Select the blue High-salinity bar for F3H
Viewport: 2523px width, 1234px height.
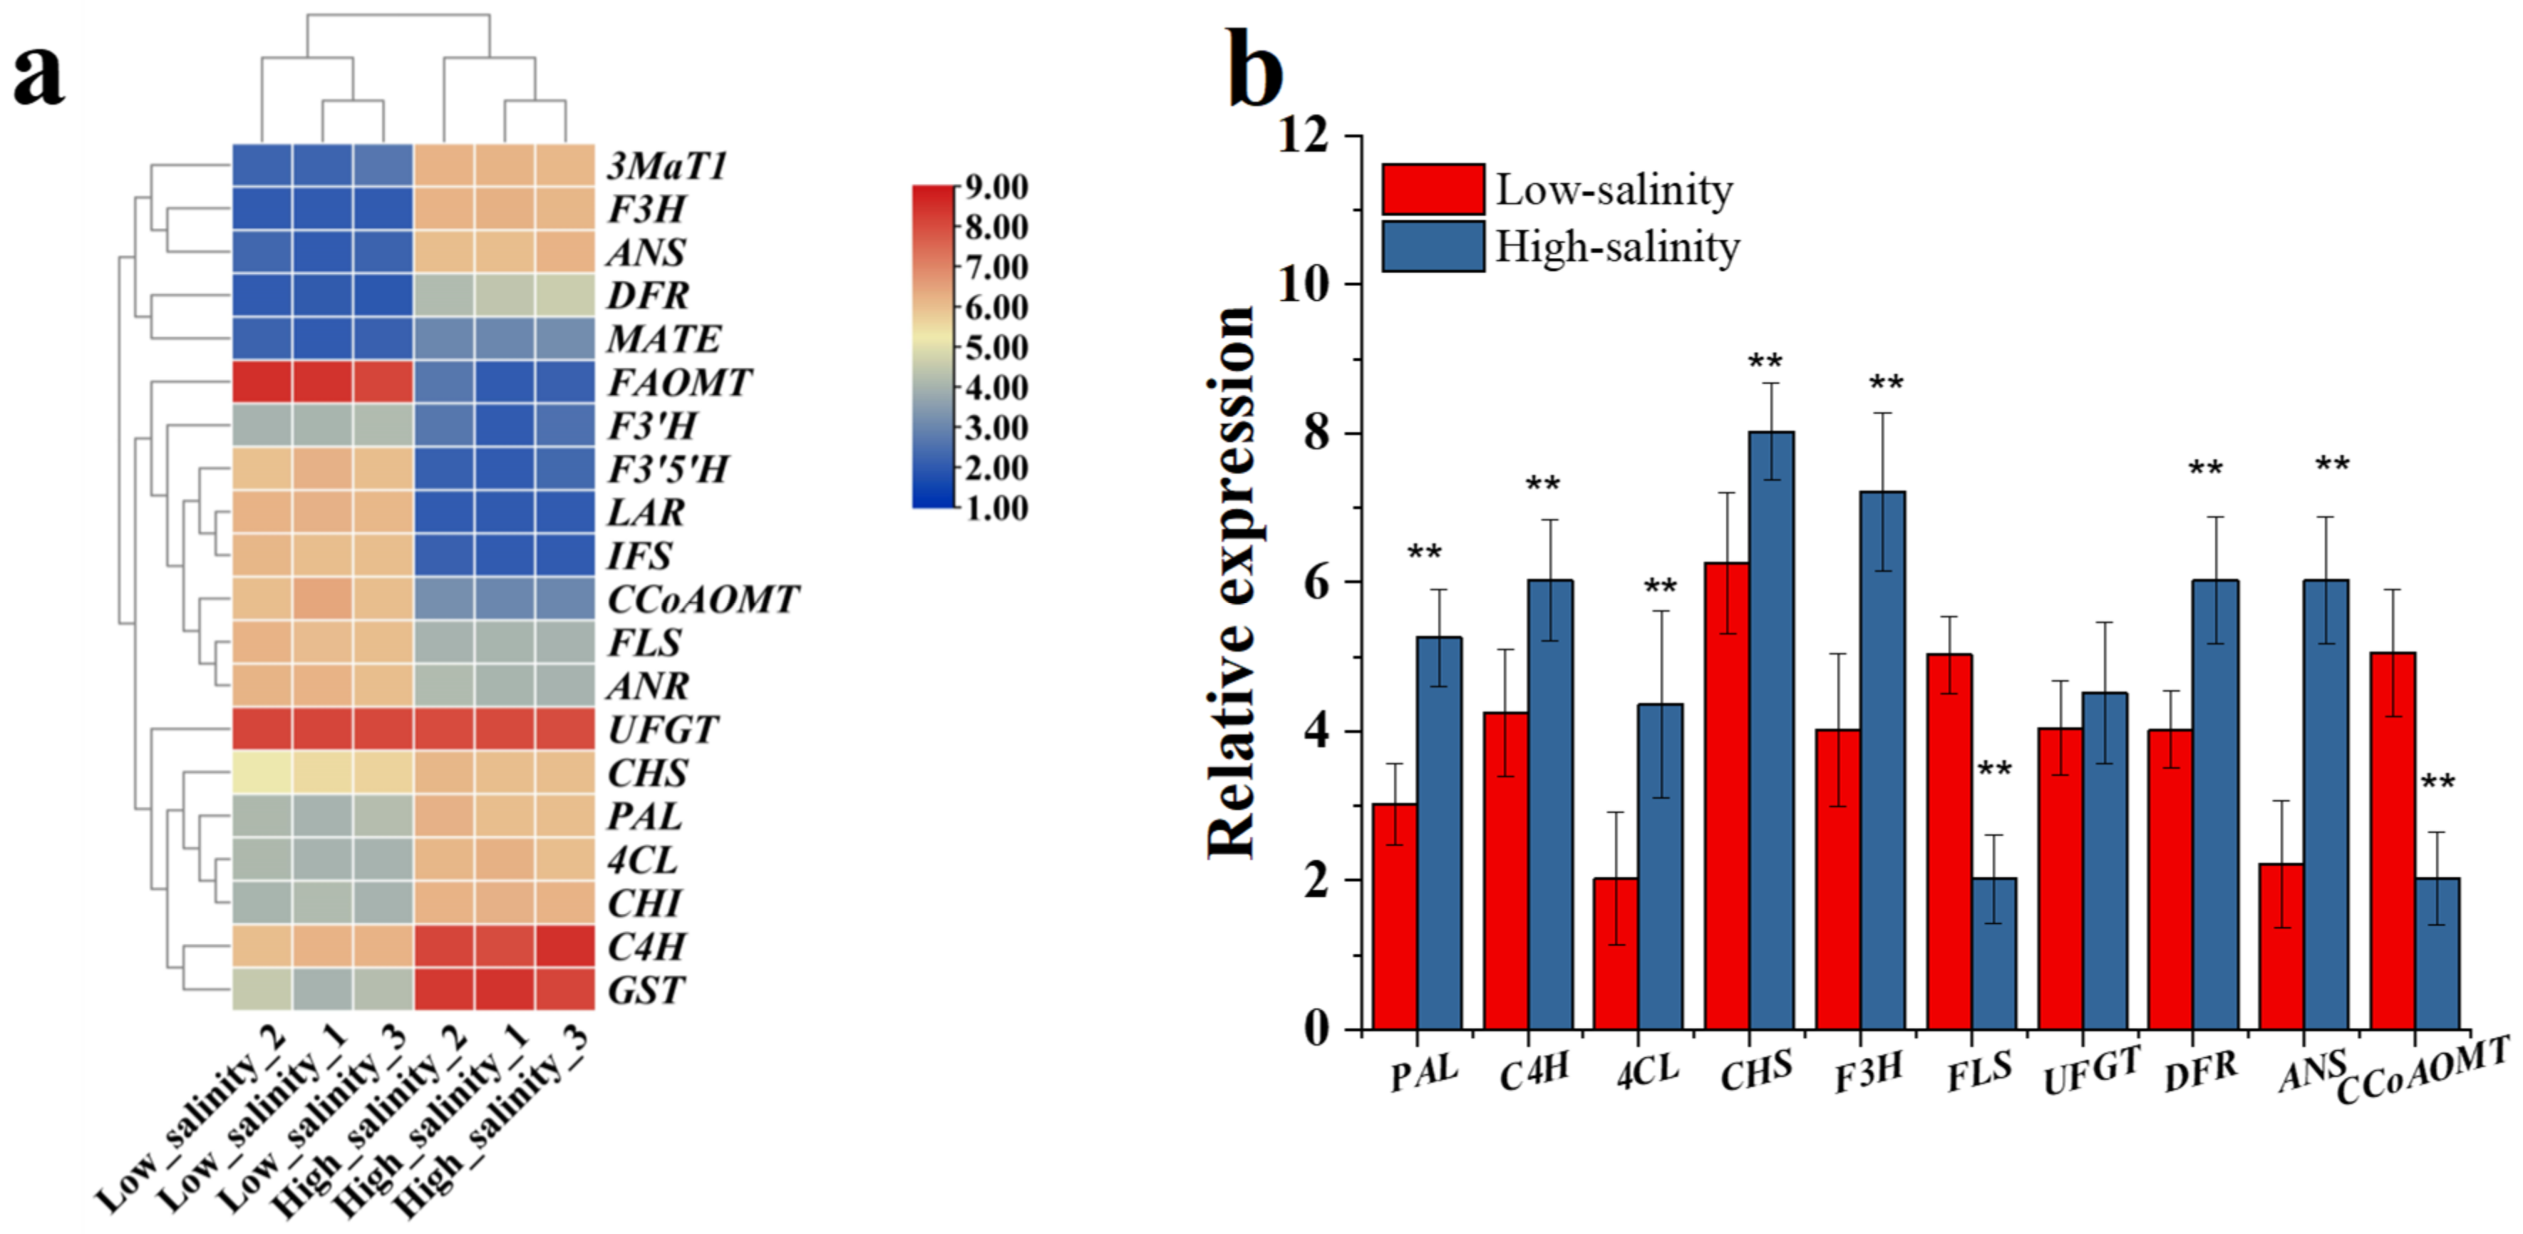point(1882,760)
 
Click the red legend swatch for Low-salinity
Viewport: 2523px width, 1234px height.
point(1433,189)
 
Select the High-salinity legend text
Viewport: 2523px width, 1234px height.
point(1617,247)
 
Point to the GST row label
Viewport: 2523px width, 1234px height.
point(646,990)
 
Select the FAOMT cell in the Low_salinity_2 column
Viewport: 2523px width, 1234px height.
point(262,382)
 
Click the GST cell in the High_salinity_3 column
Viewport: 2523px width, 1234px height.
point(565,989)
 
